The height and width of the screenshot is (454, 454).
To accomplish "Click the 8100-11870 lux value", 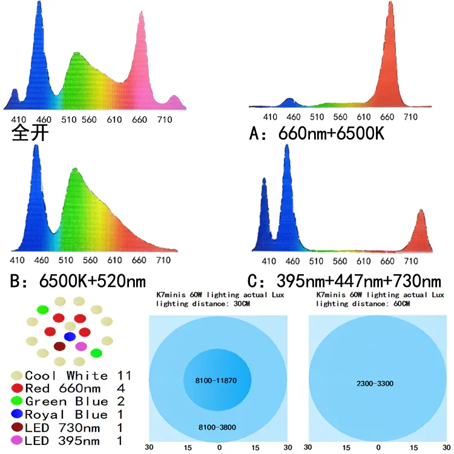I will pyautogui.click(x=219, y=380).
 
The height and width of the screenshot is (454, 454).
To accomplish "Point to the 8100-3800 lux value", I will pyautogui.click(x=219, y=428).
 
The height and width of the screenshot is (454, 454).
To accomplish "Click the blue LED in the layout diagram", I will pyautogui.click(x=70, y=336).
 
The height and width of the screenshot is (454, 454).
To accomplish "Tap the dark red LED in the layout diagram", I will pyautogui.click(x=59, y=346).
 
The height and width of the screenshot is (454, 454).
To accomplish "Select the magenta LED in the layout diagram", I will pyautogui.click(x=80, y=346).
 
